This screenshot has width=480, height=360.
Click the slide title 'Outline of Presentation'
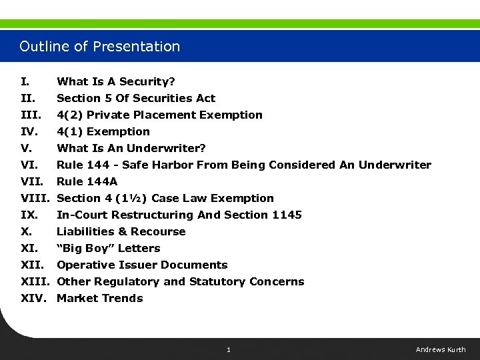click(x=100, y=47)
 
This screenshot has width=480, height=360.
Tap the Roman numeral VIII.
click(x=35, y=198)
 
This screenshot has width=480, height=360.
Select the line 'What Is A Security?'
click(x=116, y=81)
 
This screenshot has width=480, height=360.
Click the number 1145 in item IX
click(x=287, y=215)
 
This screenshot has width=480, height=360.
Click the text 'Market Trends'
click(x=100, y=298)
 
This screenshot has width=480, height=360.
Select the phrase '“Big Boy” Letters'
click(x=109, y=248)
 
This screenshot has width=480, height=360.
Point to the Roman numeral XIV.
click(x=34, y=298)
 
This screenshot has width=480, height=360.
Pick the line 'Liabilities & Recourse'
click(x=121, y=231)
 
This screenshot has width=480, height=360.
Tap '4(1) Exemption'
click(x=103, y=131)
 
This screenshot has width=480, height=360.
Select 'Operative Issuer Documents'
click(x=142, y=265)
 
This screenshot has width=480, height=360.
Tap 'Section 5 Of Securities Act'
click(x=136, y=98)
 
